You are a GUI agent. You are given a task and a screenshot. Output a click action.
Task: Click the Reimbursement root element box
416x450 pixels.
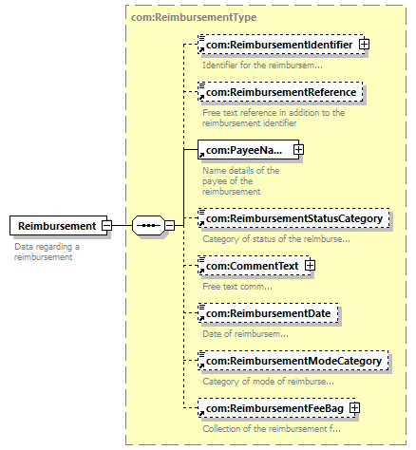tap(59, 226)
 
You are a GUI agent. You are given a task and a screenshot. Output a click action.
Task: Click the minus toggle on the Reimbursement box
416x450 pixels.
tap(106, 226)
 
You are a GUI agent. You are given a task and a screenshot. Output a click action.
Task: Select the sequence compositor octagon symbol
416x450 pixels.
tap(148, 226)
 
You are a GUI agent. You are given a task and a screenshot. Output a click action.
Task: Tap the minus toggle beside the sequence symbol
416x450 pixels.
tap(170, 226)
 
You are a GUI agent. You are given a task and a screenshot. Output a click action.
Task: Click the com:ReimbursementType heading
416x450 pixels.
tap(194, 17)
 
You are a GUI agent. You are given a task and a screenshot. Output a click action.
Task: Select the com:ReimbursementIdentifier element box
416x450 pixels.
tap(281, 45)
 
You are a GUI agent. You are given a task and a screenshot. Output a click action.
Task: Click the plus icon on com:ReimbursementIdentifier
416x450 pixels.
tap(364, 45)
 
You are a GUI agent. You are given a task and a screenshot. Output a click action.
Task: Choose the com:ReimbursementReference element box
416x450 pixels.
tap(280, 92)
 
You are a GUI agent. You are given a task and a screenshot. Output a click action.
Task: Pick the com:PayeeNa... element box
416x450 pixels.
tap(248, 150)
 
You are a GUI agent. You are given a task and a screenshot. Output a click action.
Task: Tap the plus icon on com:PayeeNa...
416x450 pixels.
tap(298, 150)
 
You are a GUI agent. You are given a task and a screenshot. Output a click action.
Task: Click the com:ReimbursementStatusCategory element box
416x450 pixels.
tap(293, 218)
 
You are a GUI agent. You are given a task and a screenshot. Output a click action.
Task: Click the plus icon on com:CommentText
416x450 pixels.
tap(310, 266)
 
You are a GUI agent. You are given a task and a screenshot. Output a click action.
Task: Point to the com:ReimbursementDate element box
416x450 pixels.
tap(268, 313)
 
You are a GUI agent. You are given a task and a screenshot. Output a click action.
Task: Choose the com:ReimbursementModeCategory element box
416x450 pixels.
tap(293, 361)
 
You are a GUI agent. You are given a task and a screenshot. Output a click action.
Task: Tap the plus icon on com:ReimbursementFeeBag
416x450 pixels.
tap(355, 408)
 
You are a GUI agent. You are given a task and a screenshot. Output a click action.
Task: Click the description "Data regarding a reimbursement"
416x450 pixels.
tap(47, 252)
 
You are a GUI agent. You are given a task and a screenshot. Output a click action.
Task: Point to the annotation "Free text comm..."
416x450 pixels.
tap(237, 287)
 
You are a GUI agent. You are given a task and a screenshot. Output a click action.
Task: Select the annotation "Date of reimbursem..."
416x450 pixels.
tap(246, 334)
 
